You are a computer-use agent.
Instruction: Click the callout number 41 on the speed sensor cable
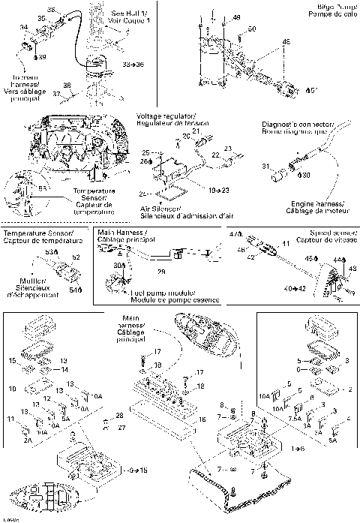coord(284,244)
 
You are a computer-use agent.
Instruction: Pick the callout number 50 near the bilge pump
coord(251,29)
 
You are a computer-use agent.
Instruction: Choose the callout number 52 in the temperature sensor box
coord(75,257)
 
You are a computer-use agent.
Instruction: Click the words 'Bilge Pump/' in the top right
coord(328,5)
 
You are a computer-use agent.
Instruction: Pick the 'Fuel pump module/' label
coord(157,291)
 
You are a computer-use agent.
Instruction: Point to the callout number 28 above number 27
coord(119,415)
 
